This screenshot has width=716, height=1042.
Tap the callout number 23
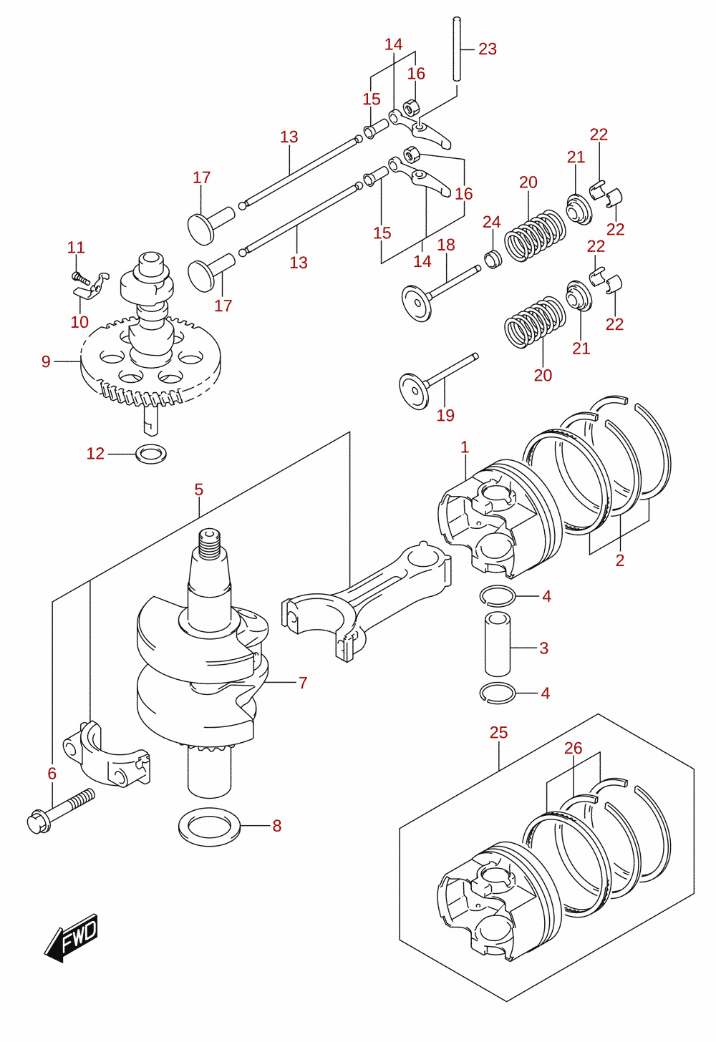point(488,49)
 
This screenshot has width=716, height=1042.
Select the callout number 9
point(46,361)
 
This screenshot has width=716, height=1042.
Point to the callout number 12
point(95,454)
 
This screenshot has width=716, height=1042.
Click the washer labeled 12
point(151,454)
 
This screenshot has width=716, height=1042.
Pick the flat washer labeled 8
point(209,827)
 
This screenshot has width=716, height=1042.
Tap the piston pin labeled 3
point(497,644)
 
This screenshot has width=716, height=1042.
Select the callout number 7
point(303,683)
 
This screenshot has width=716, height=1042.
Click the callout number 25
point(498,733)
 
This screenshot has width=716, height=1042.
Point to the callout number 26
point(573,748)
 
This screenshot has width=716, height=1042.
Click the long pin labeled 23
point(458,49)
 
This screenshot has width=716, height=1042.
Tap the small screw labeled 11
point(81,278)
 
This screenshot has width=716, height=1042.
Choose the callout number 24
point(492,222)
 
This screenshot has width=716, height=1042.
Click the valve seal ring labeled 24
point(493,259)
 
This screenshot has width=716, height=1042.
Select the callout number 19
point(445,415)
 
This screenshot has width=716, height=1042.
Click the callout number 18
point(446,245)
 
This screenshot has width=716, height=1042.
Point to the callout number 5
point(199,490)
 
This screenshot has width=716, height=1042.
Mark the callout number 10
point(79,322)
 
